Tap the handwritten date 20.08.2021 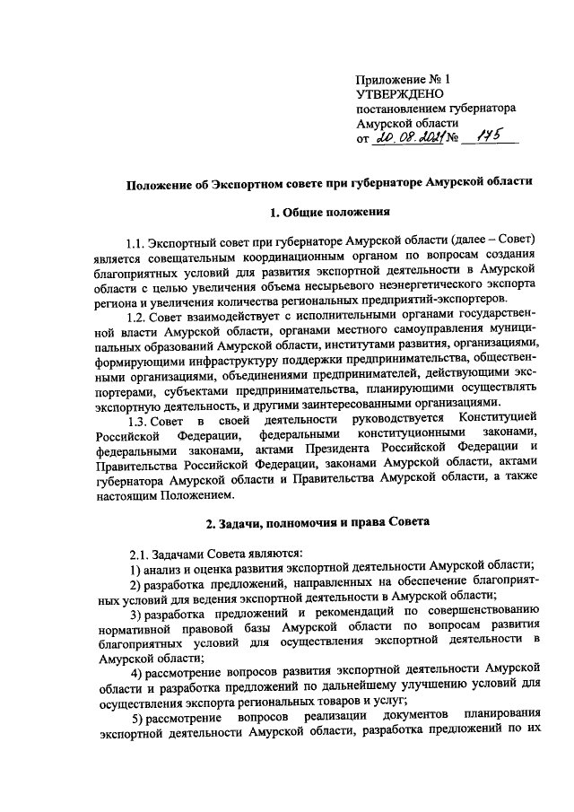[407, 137]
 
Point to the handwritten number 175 [483, 136]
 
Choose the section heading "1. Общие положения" [327, 212]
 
